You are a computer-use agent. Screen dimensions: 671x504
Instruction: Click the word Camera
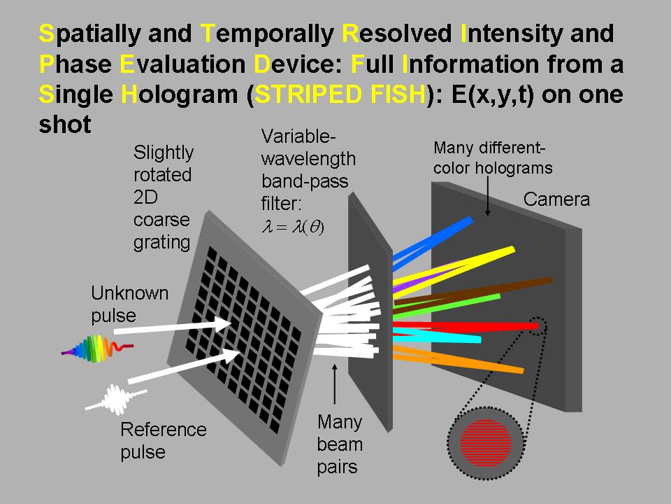(556, 199)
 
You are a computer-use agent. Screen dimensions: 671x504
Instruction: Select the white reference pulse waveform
(115, 399)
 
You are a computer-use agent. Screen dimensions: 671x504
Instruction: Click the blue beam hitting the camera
(432, 244)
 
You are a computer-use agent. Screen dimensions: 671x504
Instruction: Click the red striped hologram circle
(486, 442)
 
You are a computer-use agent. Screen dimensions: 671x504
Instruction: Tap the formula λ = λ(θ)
(293, 227)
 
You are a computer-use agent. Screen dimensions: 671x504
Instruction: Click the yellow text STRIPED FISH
(340, 94)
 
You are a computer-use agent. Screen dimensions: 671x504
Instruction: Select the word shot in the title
(65, 125)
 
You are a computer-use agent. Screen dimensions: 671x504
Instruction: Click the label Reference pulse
(164, 440)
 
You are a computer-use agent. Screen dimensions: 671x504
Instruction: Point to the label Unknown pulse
(130, 304)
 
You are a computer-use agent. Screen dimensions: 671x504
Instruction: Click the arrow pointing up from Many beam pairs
(335, 384)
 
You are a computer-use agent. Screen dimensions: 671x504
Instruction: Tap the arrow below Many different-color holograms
(487, 196)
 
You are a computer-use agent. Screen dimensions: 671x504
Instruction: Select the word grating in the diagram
(161, 243)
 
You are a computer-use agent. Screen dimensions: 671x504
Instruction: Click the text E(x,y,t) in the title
(493, 94)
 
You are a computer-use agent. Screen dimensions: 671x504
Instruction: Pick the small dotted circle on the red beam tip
(538, 326)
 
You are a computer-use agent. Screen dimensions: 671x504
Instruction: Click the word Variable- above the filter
(298, 136)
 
